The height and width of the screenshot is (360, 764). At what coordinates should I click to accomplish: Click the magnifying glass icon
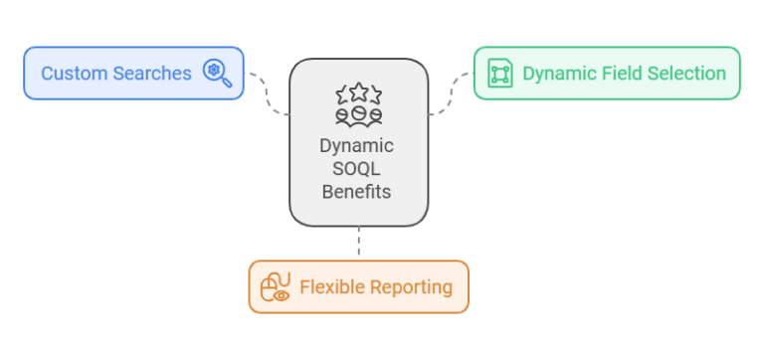coord(216,73)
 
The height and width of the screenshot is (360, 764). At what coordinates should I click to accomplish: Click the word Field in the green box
coord(617,74)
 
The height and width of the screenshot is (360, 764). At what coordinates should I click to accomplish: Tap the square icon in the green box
coord(499,74)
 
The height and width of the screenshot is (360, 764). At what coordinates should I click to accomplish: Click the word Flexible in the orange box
coord(330,287)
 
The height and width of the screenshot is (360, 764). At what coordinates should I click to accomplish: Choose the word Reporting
coord(411,287)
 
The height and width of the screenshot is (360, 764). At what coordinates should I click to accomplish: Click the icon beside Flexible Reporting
coord(275,287)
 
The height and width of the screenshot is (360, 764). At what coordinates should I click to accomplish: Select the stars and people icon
coord(358,104)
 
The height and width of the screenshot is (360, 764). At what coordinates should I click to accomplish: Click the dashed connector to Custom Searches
coord(267,91)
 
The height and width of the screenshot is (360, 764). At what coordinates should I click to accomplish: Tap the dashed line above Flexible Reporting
coord(358,243)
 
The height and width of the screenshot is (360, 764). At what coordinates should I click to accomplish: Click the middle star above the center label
coord(358,91)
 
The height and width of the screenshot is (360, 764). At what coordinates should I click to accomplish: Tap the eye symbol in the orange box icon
coord(283,294)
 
